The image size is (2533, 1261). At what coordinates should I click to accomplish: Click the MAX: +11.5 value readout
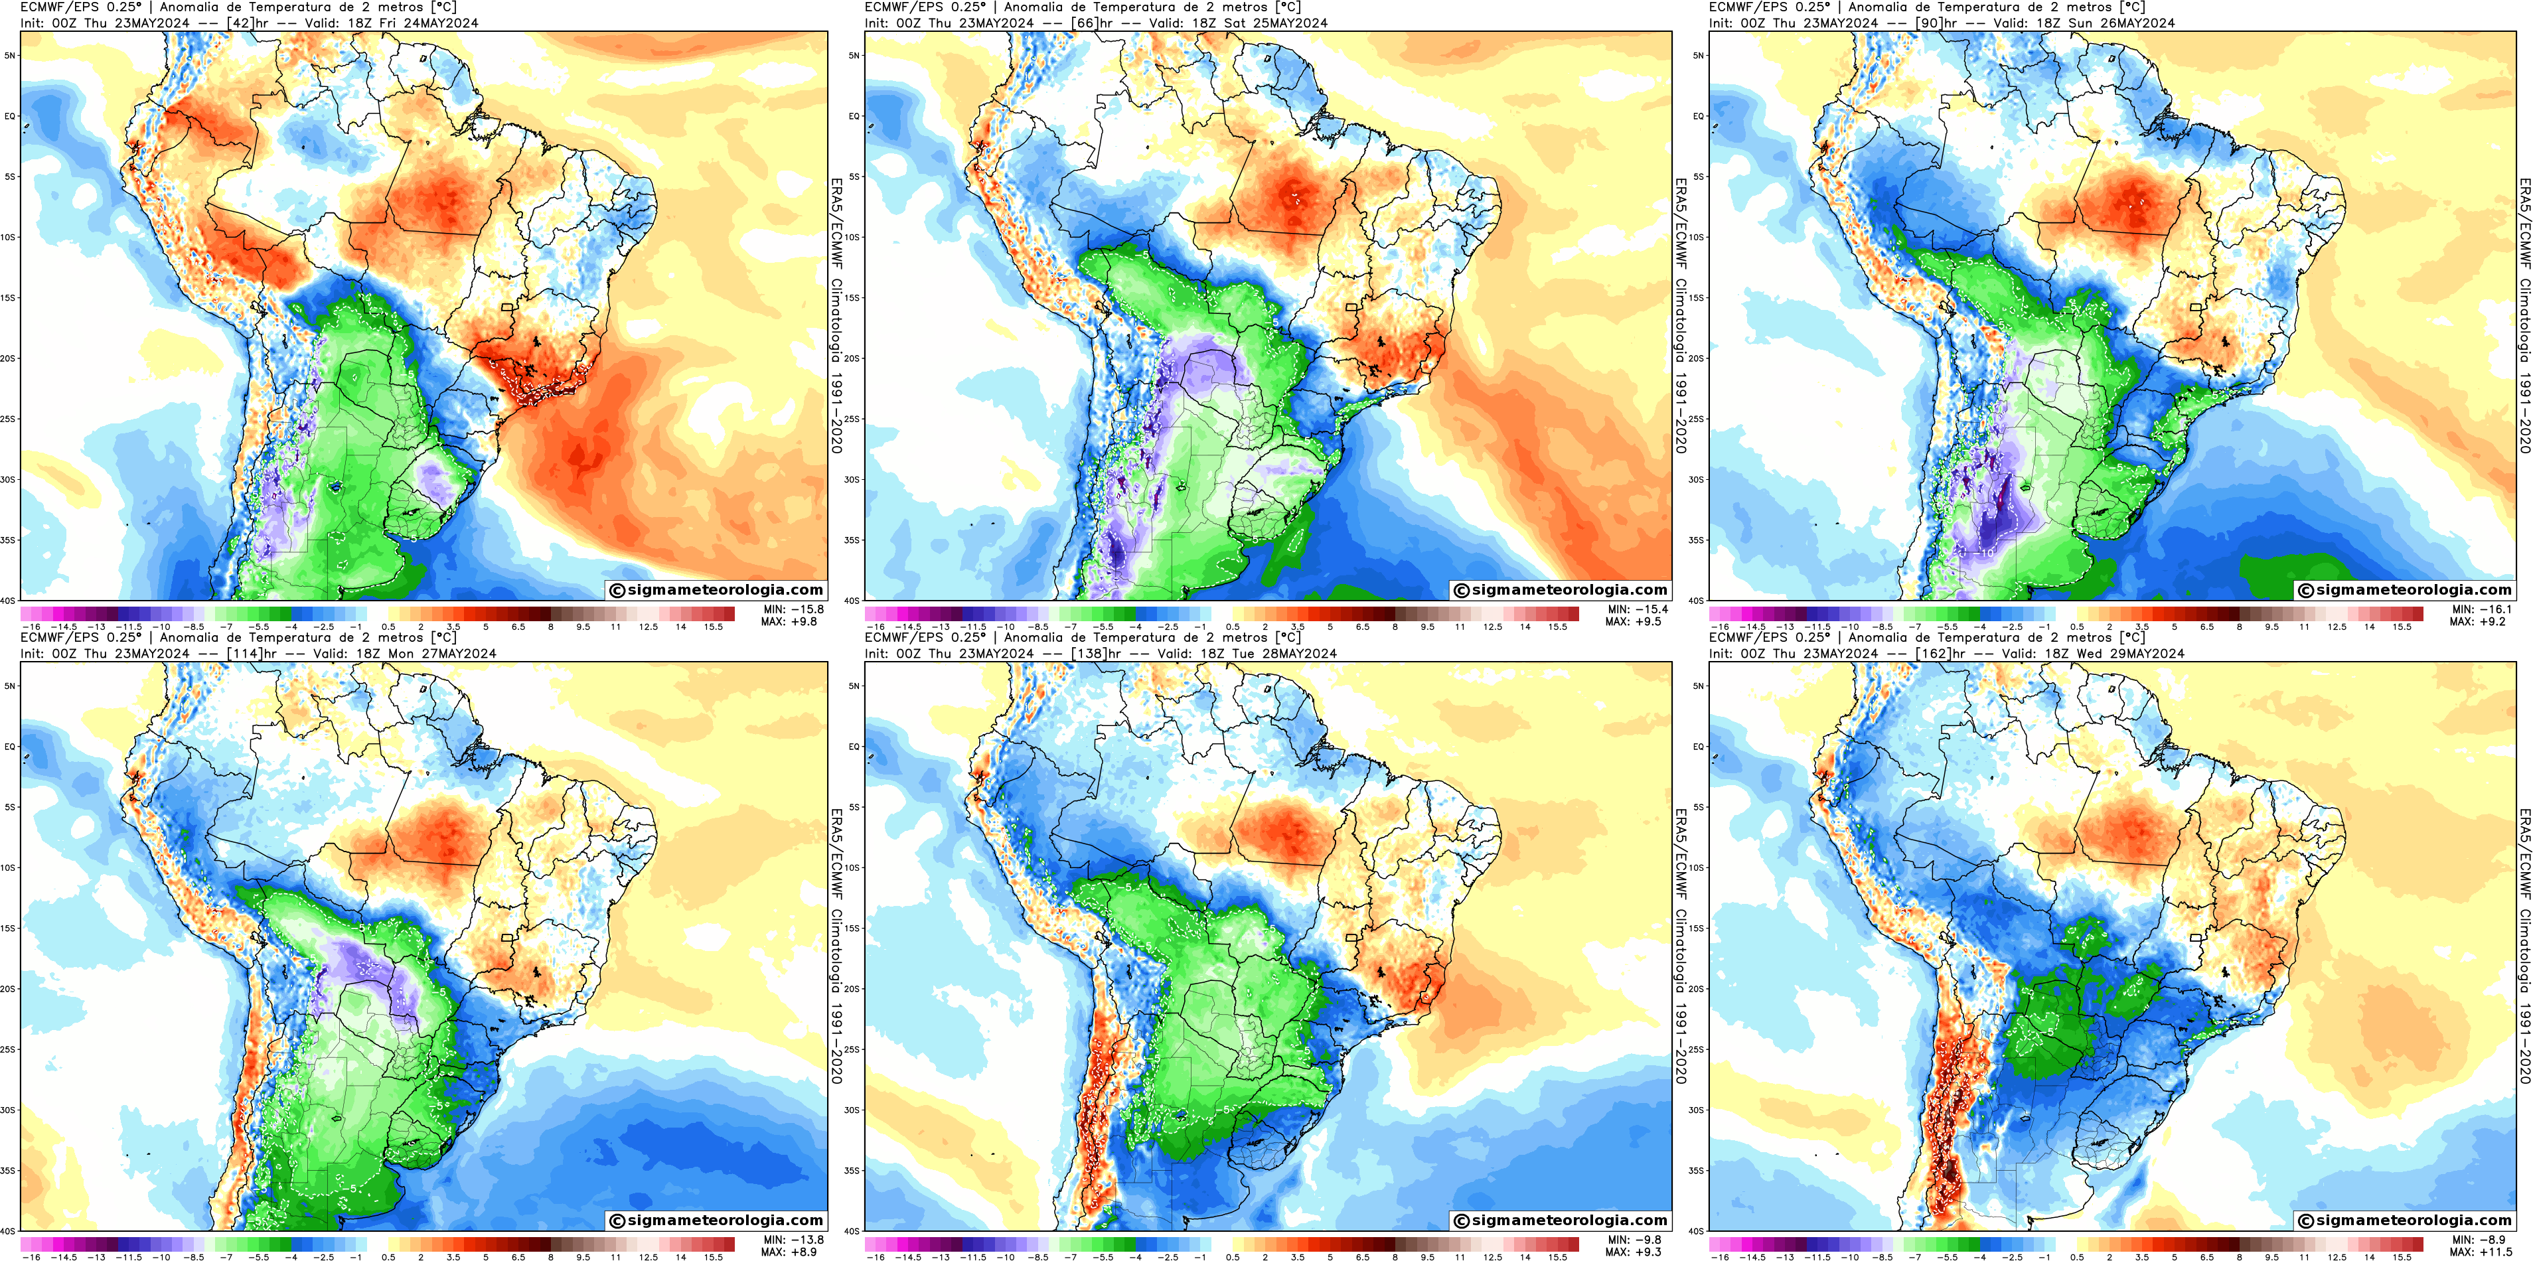[x=2481, y=1252]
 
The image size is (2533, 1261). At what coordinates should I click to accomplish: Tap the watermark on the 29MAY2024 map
[x=2405, y=1220]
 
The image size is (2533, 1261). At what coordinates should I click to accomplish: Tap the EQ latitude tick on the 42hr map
[x=11, y=116]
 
